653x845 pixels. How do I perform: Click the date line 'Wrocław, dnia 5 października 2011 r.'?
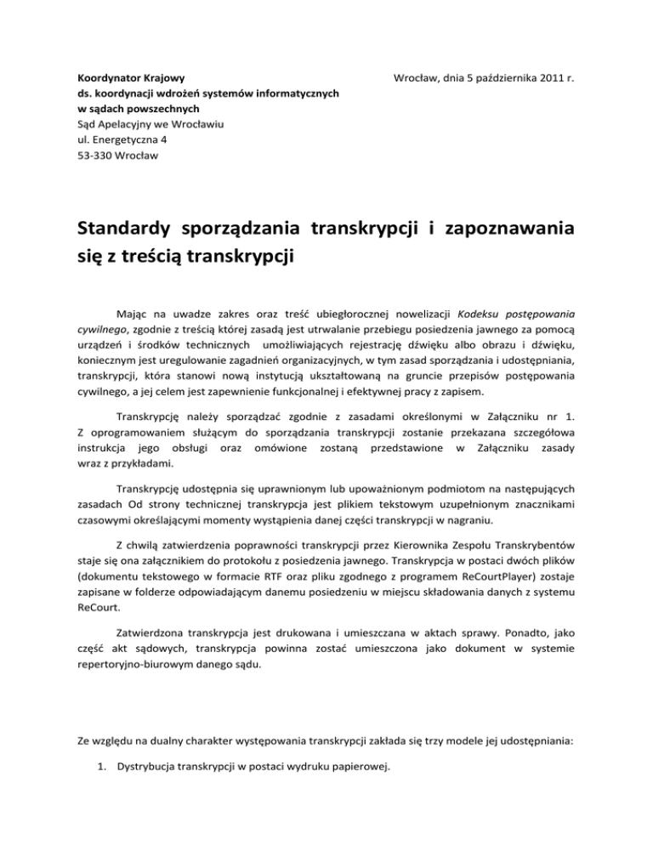[481, 77]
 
